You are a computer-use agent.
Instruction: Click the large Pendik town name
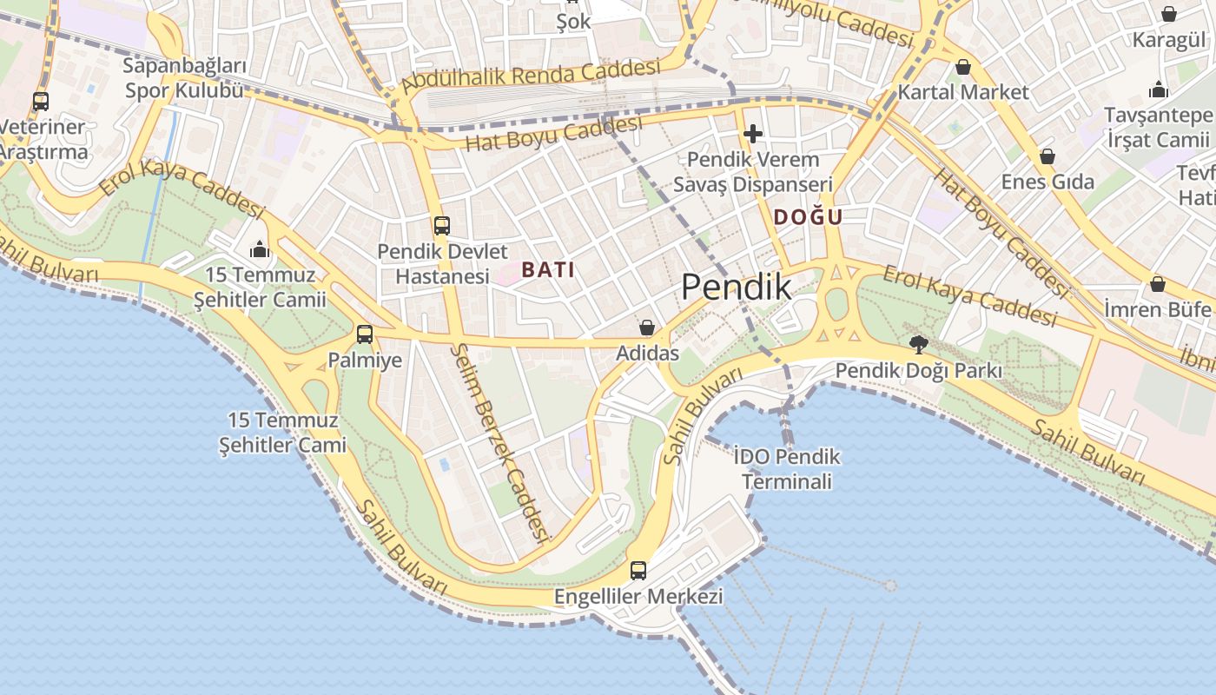pos(736,287)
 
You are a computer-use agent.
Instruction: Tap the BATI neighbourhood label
pos(548,270)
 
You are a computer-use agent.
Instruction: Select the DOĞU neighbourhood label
pos(808,217)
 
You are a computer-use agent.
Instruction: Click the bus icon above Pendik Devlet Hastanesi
pos(442,226)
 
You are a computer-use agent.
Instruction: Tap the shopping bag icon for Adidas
pos(647,328)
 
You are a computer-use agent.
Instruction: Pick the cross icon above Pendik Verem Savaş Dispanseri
pos(753,134)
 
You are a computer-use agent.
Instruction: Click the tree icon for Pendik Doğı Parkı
pos(918,345)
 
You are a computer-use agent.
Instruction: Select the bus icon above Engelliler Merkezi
pos(638,571)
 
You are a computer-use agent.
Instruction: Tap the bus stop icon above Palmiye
pos(365,334)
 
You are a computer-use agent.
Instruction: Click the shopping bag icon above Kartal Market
pos(963,67)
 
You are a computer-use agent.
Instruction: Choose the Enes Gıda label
pos(1047,182)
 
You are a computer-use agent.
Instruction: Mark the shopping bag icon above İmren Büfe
pos(1157,284)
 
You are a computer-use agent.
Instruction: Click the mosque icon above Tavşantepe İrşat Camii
pos(1158,89)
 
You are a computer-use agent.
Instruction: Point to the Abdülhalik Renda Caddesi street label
pos(531,76)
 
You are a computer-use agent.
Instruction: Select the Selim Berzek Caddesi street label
pos(503,441)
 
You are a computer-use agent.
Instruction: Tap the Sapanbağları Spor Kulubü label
pos(185,78)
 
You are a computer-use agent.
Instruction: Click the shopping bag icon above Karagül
pos(1169,14)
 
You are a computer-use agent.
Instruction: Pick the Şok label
pos(574,22)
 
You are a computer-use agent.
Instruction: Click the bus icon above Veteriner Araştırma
pos(41,101)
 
